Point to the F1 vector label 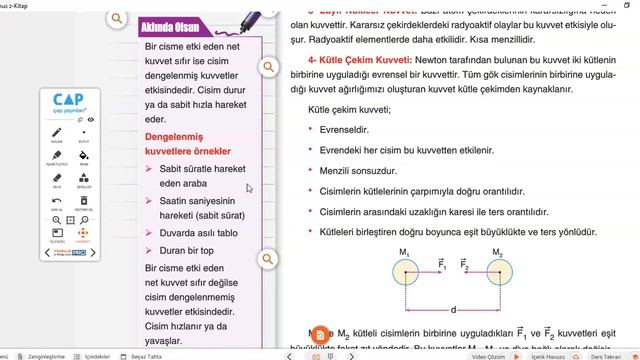click(x=441, y=263)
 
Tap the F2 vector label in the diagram click(x=463, y=263)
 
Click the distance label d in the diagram click(x=453, y=309)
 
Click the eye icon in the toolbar click(x=91, y=119)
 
